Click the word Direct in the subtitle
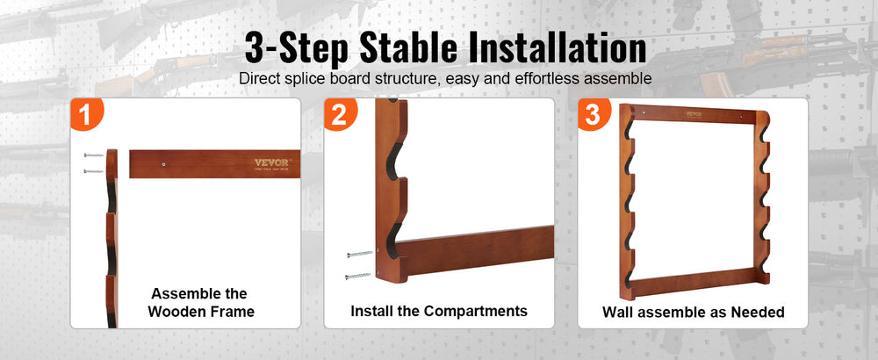point(259,78)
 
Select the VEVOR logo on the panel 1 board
point(271,163)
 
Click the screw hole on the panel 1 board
point(163,164)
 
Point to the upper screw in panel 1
point(93,155)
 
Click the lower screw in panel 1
point(93,170)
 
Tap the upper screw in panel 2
point(359,255)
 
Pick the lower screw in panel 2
point(358,276)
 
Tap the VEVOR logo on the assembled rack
point(694,114)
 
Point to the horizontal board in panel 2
point(477,251)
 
